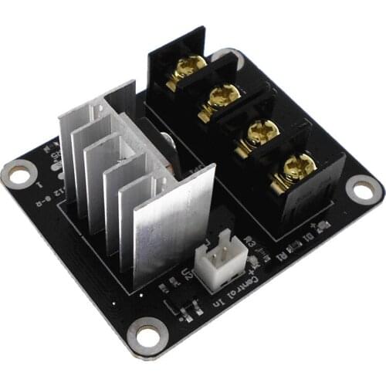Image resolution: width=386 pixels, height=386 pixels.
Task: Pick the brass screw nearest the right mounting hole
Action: pos(298,164)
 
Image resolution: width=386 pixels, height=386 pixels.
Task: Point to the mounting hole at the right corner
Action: pos(361,188)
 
